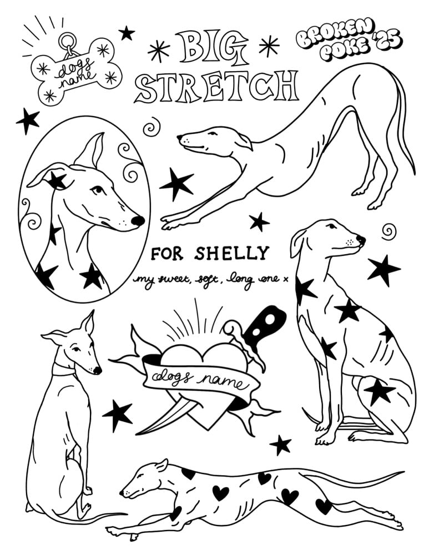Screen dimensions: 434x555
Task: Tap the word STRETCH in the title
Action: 216,87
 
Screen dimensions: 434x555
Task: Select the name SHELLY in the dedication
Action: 232,253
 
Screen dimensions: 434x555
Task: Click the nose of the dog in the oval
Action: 138,221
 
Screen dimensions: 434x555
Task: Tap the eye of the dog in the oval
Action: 97,191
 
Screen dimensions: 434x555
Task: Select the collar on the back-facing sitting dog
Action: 64,369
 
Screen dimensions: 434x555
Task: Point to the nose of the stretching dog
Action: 179,137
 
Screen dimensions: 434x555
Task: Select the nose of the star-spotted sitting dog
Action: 361,239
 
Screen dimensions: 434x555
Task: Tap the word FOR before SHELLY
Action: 166,254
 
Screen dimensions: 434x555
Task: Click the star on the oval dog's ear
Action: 57,180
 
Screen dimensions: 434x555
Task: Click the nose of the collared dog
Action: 97,370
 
